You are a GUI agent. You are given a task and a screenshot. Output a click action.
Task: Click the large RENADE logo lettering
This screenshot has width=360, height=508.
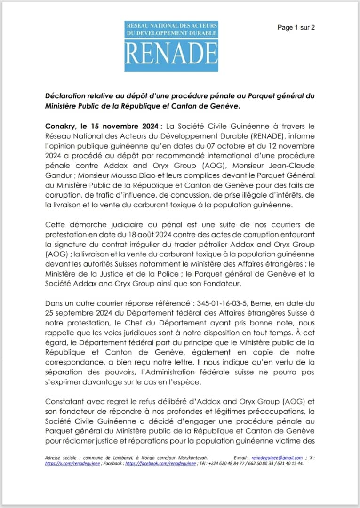pyautogui.click(x=171, y=54)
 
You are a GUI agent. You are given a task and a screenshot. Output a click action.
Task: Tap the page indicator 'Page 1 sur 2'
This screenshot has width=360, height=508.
pyautogui.click(x=296, y=27)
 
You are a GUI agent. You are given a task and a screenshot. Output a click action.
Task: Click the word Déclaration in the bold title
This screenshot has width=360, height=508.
pyautogui.click(x=66, y=96)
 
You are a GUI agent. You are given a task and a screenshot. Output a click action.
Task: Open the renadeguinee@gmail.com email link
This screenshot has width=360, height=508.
pyautogui.click(x=277, y=458)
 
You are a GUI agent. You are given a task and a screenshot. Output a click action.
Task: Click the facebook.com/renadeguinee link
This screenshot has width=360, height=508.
pyautogui.click(x=153, y=463)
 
